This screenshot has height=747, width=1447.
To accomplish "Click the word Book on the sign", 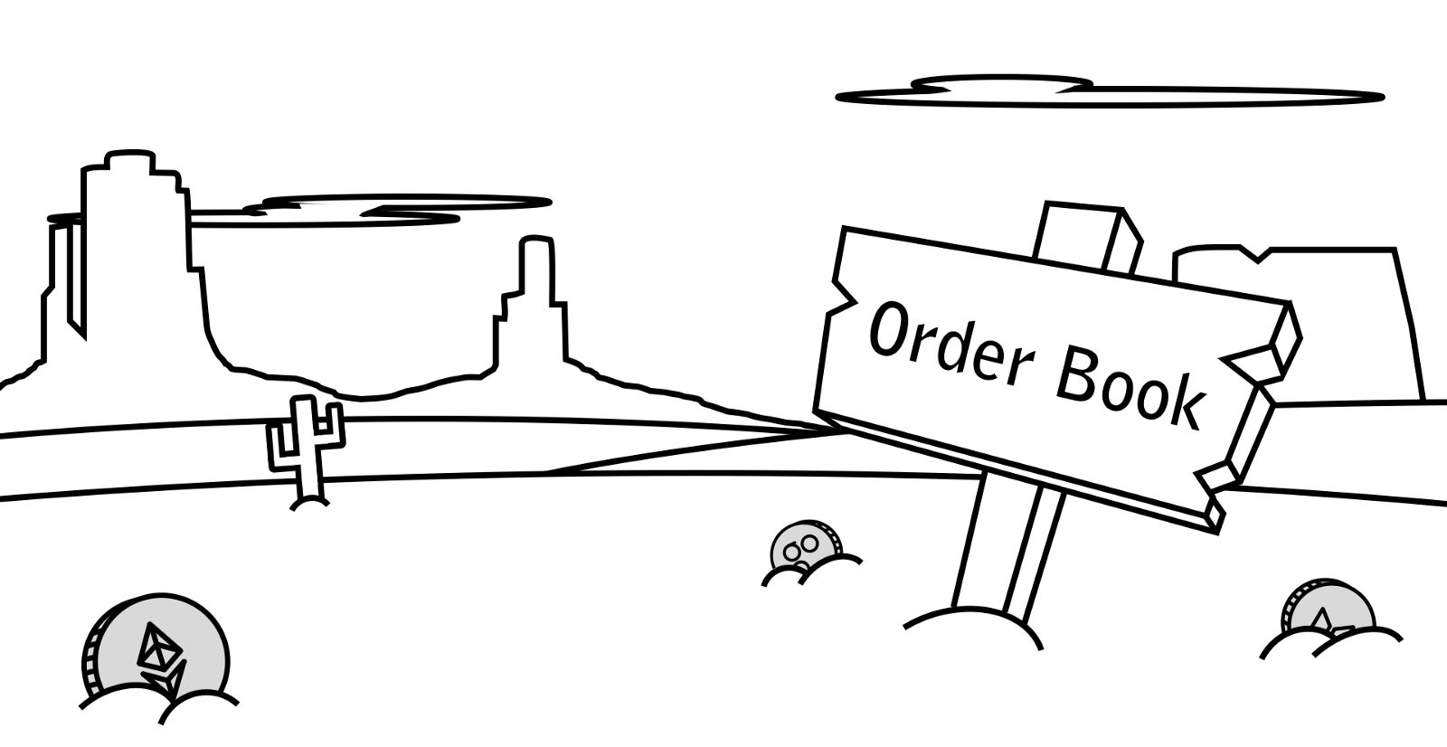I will tap(1130, 389).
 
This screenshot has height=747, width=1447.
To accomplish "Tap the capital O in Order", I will tap(889, 329).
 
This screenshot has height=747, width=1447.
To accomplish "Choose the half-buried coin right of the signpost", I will tap(1325, 610).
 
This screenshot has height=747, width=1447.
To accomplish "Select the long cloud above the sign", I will tap(1108, 93).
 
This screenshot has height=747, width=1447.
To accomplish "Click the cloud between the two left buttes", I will tap(380, 208).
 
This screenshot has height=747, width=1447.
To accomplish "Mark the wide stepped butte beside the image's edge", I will tap(127, 262).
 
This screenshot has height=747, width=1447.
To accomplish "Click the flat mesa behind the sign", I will tap(1338, 317).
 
